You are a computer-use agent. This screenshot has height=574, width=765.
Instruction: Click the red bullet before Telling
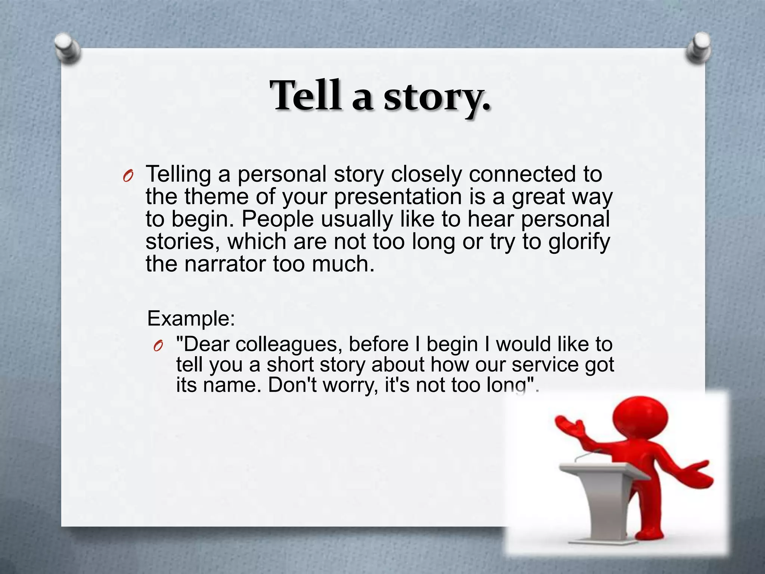click(x=128, y=176)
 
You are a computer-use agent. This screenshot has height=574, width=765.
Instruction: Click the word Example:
click(x=191, y=319)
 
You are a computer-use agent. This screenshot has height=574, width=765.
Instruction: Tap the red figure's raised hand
click(x=568, y=426)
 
